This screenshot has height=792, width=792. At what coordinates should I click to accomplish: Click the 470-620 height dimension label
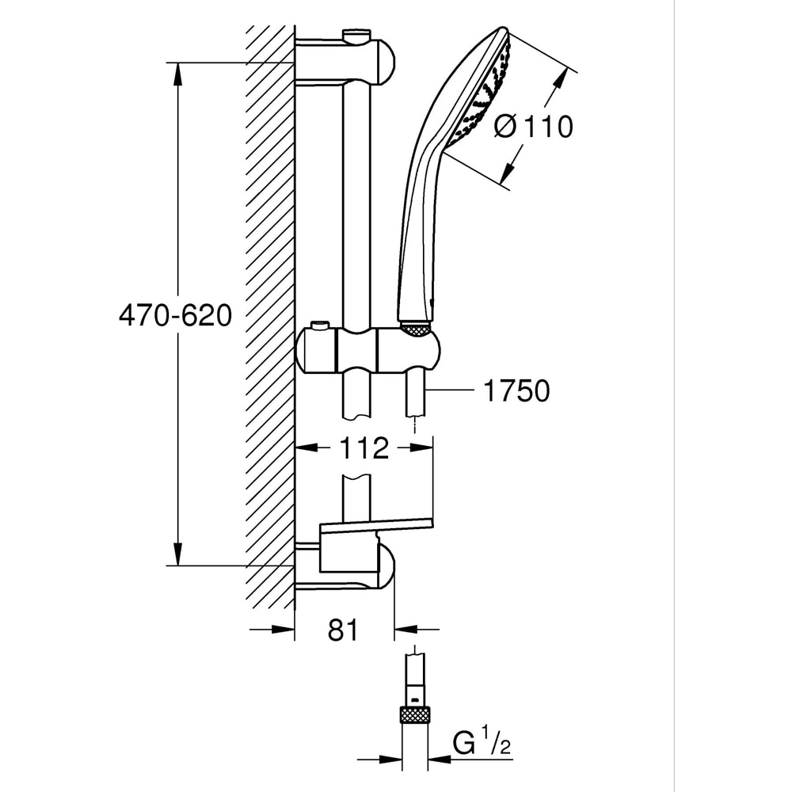175,315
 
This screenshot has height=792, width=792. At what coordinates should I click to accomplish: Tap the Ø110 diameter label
532,127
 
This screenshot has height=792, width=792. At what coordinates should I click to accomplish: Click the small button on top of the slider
319,326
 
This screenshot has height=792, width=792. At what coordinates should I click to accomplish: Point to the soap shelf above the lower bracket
376,523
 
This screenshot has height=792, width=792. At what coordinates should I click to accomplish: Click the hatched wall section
269,317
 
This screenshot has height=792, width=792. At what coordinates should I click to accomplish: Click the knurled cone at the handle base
415,327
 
